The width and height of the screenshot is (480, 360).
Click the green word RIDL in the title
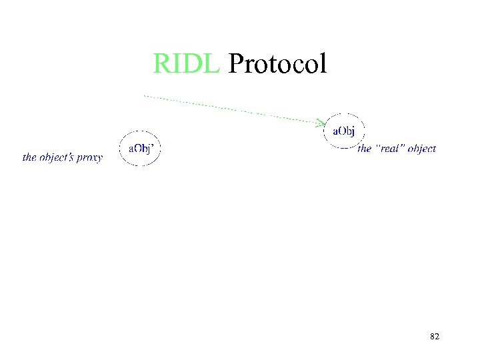pos(186,64)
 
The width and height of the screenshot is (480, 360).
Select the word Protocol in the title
pos(277,64)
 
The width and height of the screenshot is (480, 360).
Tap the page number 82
pos(435,337)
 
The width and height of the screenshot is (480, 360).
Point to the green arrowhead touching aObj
pos(321,122)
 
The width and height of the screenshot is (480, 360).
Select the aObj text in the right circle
pos(343,131)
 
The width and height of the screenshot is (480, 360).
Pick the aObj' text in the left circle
pos(141,148)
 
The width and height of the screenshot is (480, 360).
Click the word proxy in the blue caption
pos(89,158)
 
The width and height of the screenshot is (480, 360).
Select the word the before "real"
pos(364,149)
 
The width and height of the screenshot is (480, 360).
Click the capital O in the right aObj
pos(339,131)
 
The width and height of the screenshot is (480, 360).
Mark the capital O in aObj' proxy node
pos(136,148)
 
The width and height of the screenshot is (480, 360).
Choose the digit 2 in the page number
pos(437,337)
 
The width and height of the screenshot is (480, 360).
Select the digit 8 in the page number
pos(432,337)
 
